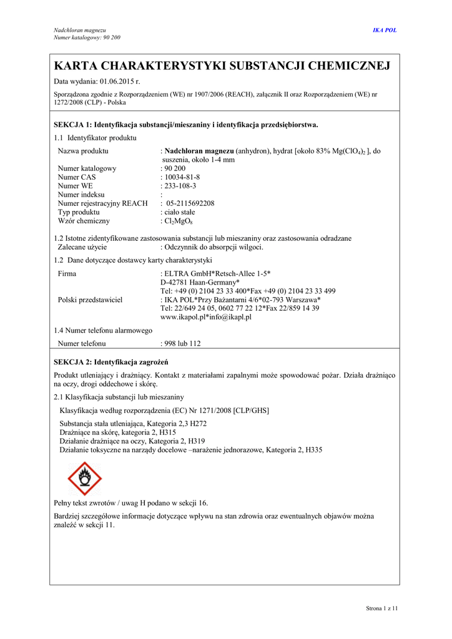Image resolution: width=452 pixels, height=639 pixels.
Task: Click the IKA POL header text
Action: click(x=385, y=30)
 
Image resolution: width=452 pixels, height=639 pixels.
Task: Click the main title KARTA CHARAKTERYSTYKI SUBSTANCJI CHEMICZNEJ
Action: click(x=222, y=66)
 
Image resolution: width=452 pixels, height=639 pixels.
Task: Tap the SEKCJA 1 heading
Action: click(x=186, y=124)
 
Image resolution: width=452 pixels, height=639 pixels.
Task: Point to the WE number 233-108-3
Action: click(x=180, y=185)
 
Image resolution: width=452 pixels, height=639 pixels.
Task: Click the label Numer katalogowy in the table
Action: click(x=87, y=168)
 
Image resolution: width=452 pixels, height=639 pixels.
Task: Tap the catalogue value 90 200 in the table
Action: click(x=175, y=168)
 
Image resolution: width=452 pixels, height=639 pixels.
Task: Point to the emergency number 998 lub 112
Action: click(x=182, y=343)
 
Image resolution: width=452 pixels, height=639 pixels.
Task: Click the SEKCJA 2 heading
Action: click(x=111, y=361)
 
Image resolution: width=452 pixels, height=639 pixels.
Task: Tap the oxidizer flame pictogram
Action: click(x=84, y=479)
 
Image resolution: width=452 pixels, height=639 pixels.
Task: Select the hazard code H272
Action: click(x=198, y=423)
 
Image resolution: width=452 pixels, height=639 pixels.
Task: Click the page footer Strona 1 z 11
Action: click(x=381, y=608)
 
